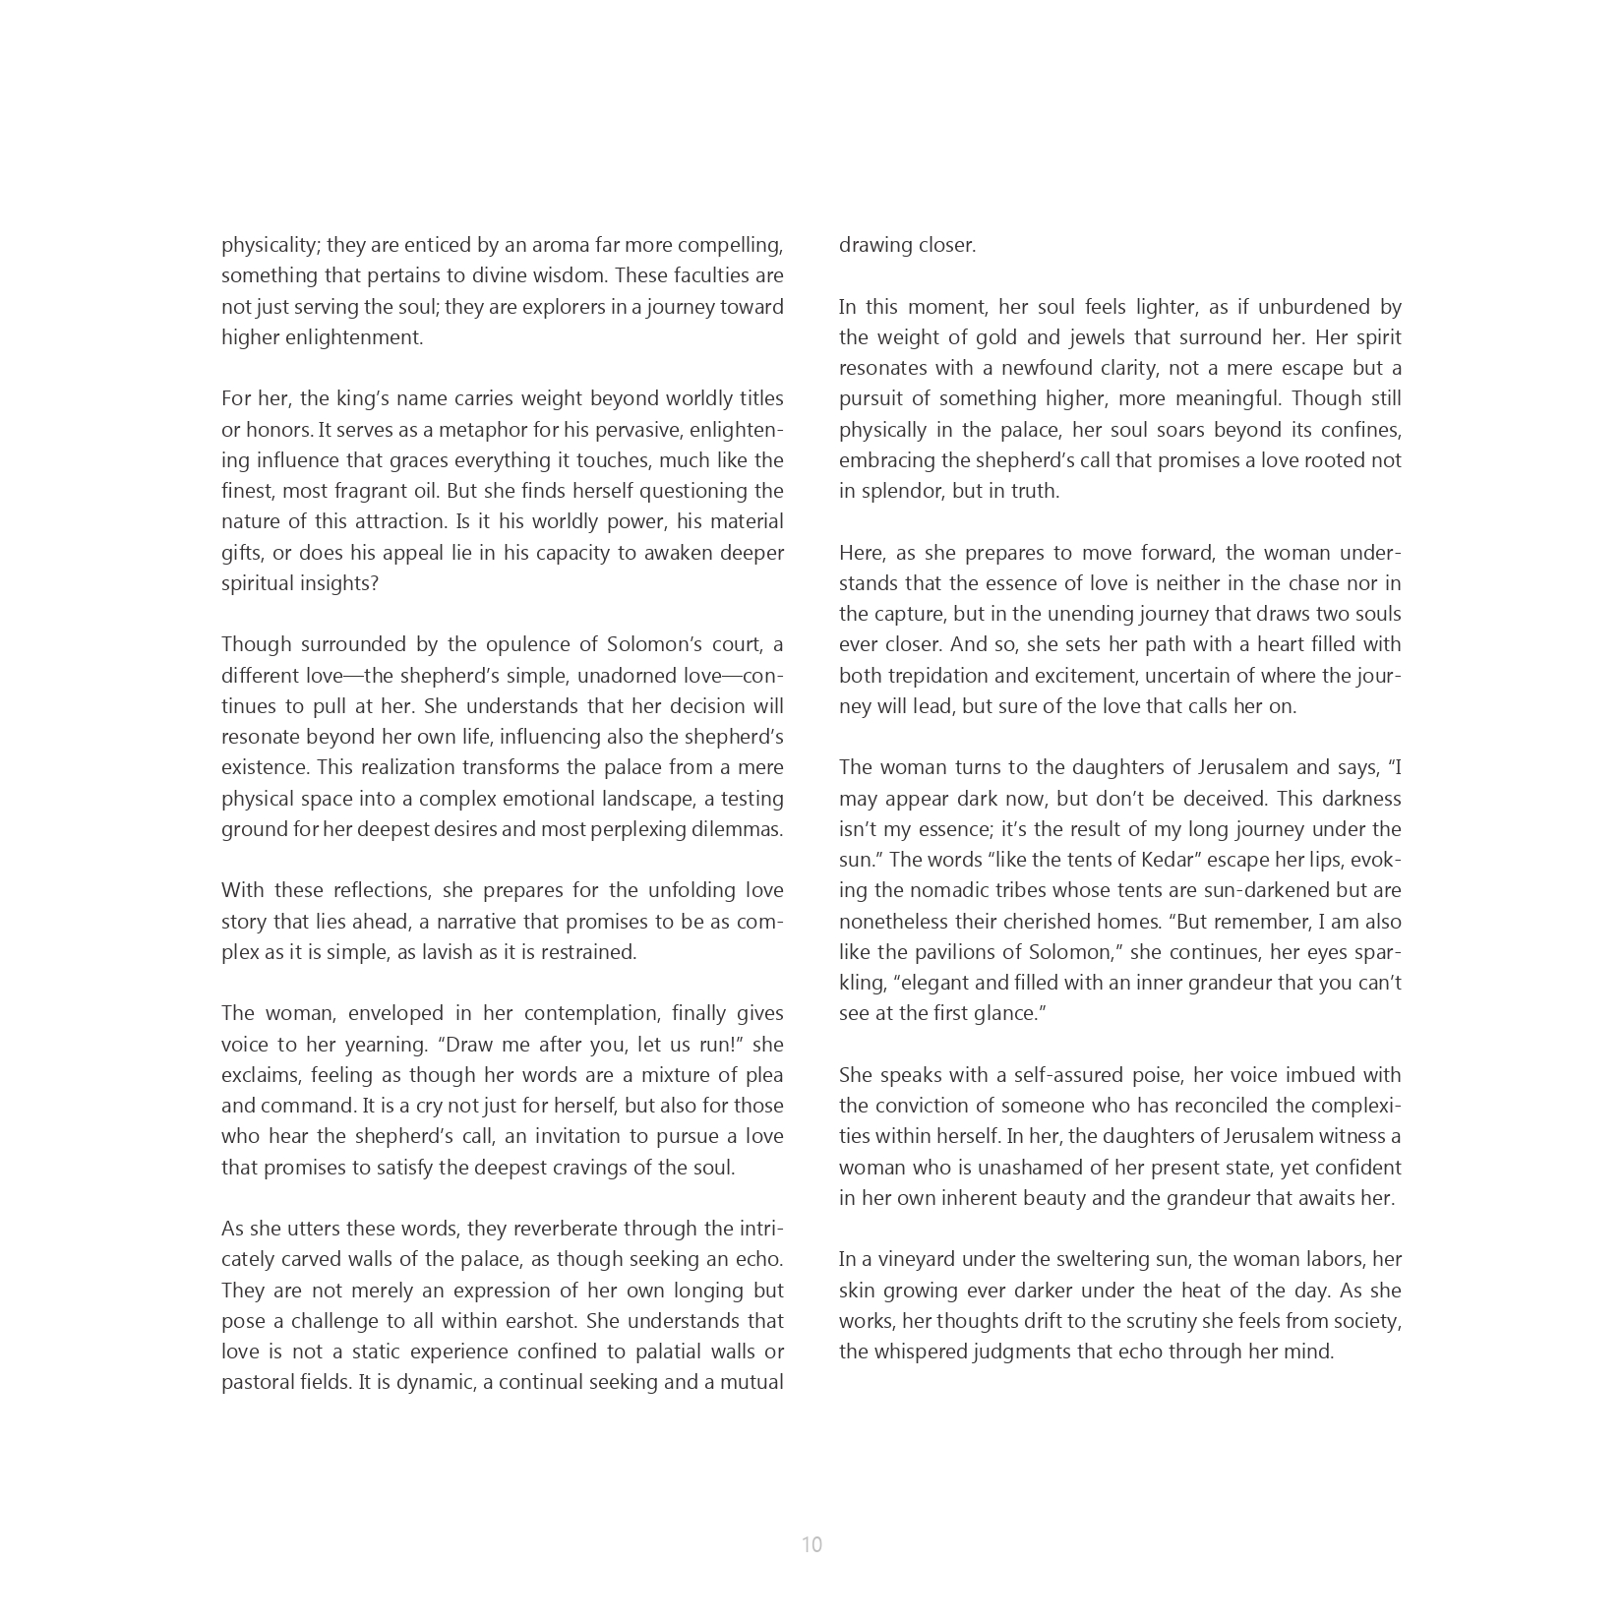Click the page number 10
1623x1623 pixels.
[x=811, y=1544]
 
